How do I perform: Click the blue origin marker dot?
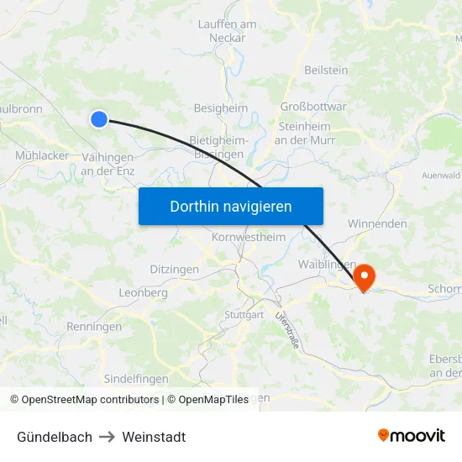point(99,119)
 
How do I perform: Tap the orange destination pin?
point(365,277)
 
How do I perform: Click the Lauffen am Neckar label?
point(227,31)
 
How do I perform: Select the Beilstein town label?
point(326,71)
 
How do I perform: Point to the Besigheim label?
point(220,108)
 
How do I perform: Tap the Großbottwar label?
point(312,107)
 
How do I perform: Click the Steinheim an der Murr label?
point(303,133)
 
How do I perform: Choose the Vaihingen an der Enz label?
point(108,164)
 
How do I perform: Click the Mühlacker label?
point(42,155)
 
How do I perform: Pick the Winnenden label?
point(377,224)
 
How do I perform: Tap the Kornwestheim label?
point(249,238)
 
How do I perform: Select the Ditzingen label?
point(174,270)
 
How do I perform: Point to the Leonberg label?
point(143,293)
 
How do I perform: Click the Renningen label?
point(94,327)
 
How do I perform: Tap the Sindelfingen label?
point(136,379)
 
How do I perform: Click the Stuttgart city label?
point(244,315)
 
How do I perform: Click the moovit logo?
point(412,436)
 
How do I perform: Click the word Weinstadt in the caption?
point(154,437)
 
